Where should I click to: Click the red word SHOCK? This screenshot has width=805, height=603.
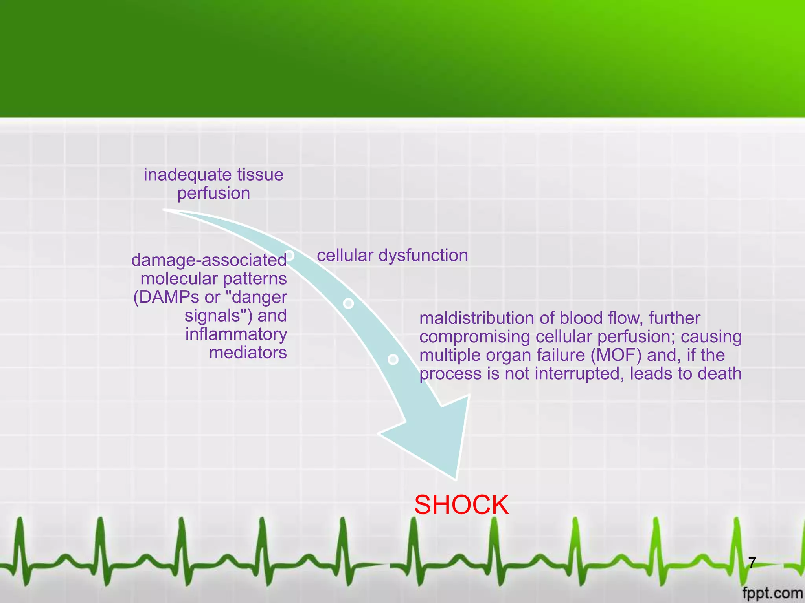[x=461, y=505]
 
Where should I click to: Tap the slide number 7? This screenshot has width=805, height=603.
[x=752, y=563]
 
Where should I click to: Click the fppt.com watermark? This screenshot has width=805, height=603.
[x=772, y=593]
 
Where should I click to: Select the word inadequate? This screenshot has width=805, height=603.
[x=179, y=175]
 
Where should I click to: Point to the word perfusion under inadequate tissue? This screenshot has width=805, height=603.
[x=213, y=194]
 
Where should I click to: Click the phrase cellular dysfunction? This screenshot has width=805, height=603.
[x=392, y=256]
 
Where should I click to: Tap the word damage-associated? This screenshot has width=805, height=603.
[x=209, y=260]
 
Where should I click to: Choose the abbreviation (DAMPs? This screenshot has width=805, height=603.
[x=166, y=297]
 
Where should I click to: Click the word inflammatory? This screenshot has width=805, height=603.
[x=236, y=334]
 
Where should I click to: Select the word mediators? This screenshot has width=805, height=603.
[x=248, y=353]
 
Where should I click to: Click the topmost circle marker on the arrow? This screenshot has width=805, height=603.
[x=290, y=255]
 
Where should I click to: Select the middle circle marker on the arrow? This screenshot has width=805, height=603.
[x=348, y=303]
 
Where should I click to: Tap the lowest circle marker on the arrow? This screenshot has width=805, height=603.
[x=393, y=359]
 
